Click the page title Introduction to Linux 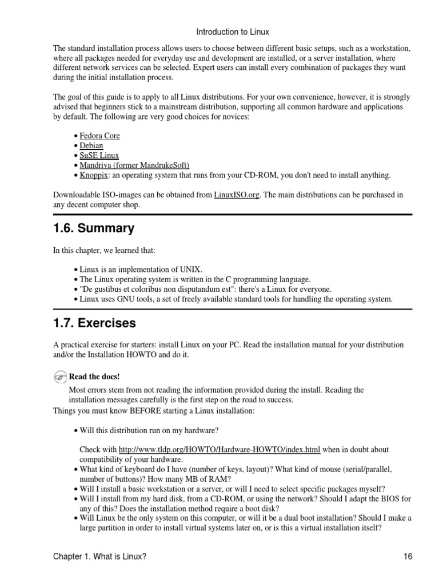(x=233, y=32)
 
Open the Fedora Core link (x=99, y=136)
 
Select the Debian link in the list (x=91, y=146)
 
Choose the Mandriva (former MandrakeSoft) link (x=134, y=165)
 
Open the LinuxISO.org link (x=237, y=195)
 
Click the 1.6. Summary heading (x=94, y=229)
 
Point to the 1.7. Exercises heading (x=94, y=323)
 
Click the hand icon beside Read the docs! (x=61, y=377)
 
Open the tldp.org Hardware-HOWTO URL (x=219, y=449)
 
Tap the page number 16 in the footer (x=407, y=556)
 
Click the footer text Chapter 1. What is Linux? (x=103, y=556)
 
